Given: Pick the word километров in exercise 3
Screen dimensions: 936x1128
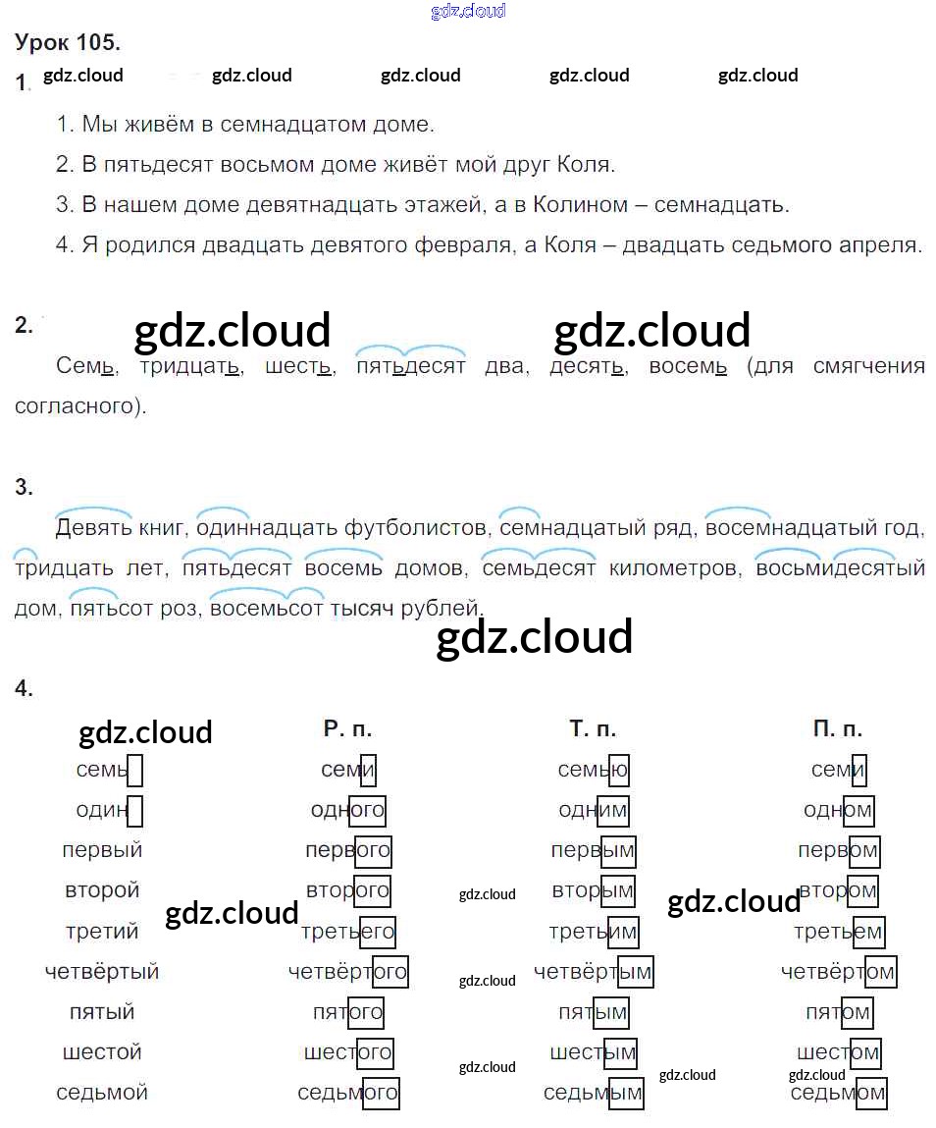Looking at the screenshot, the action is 672,568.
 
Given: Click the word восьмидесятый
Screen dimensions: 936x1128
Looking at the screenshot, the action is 841,568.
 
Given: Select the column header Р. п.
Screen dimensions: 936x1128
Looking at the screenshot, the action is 347,729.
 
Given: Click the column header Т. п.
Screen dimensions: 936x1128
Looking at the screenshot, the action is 593,729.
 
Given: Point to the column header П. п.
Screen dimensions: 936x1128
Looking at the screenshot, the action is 838,729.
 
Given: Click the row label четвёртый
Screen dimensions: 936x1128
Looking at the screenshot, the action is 102,972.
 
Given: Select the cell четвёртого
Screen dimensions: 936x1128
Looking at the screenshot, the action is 347,972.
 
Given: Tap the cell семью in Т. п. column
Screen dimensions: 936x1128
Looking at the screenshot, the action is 593,770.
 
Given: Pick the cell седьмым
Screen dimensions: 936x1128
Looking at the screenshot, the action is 593,1093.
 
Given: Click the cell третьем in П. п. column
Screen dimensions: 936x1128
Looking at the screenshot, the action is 838,932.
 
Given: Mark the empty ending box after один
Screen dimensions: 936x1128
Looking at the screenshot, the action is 135,811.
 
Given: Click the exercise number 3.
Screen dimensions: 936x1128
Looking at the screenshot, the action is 24,488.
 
